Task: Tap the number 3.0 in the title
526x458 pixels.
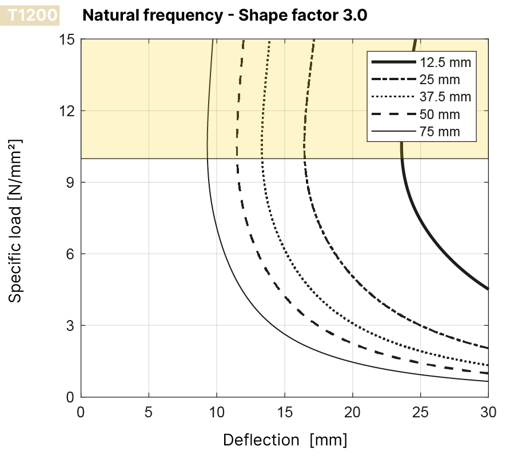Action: (354, 15)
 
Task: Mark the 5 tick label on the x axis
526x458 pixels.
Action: (149, 412)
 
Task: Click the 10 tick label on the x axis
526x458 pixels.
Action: (217, 412)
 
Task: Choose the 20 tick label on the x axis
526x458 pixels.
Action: (353, 412)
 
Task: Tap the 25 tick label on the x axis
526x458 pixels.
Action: (421, 412)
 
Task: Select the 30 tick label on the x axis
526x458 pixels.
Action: (488, 412)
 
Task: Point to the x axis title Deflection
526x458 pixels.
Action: (261, 440)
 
